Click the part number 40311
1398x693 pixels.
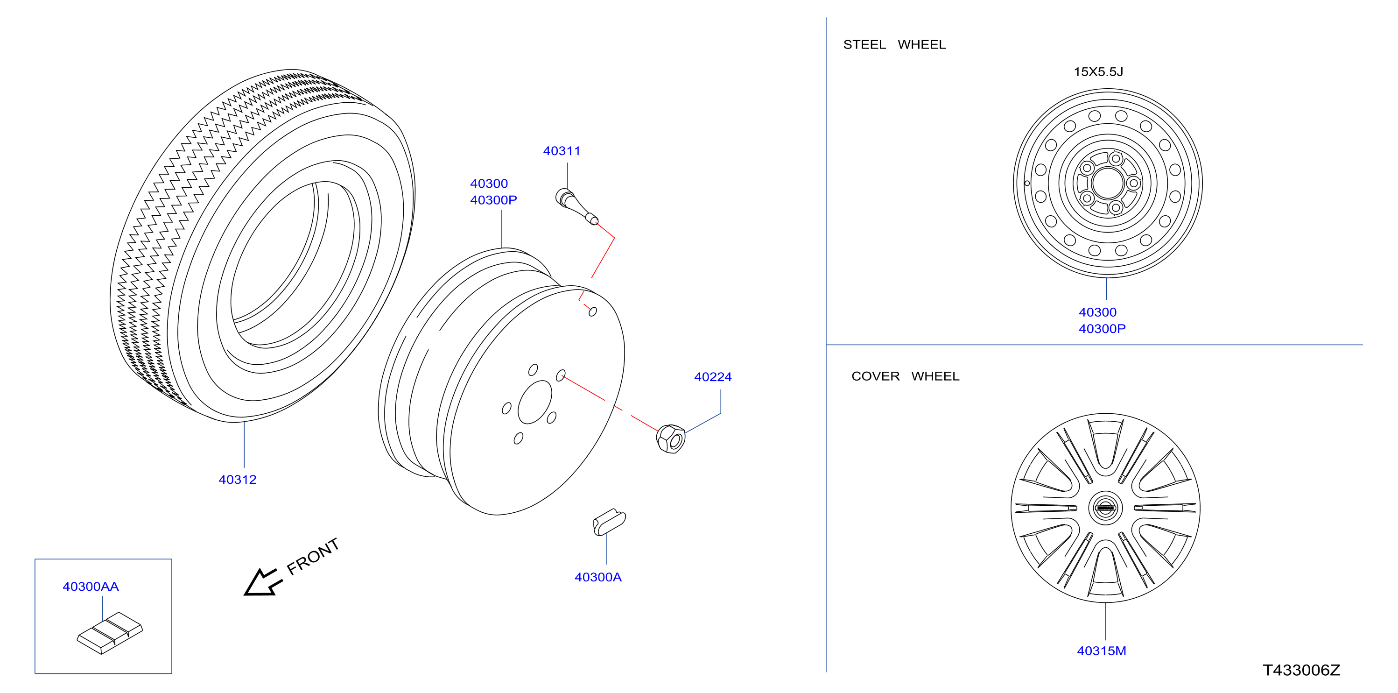[x=562, y=151]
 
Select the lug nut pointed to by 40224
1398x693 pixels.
[x=671, y=439]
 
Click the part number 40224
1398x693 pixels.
[x=713, y=377]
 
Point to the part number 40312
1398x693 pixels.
[x=237, y=480]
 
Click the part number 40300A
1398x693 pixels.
[x=598, y=577]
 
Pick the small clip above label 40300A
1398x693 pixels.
[x=609, y=522]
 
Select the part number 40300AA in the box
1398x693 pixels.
[x=91, y=587]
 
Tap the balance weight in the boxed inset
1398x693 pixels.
[x=110, y=633]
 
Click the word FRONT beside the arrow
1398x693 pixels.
[x=313, y=556]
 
